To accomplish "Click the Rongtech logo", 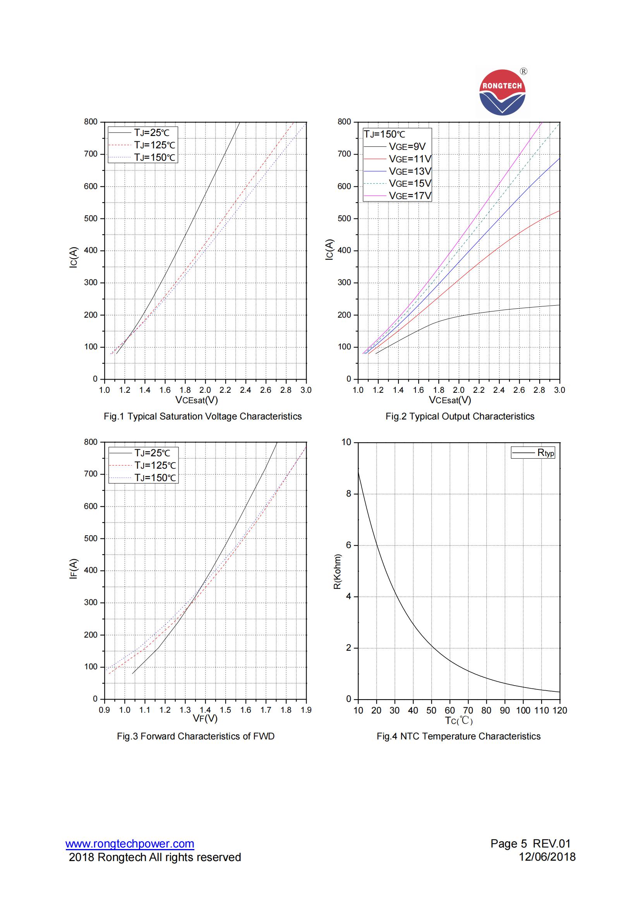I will pyautogui.click(x=503, y=93).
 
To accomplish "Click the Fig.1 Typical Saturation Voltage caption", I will pyautogui.click(x=203, y=417).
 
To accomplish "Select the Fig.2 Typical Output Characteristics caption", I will pyautogui.click(x=460, y=417).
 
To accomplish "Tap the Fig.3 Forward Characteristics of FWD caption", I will pyautogui.click(x=196, y=736).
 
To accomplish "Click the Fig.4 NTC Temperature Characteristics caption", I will pyautogui.click(x=458, y=736).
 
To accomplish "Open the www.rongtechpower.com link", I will pyautogui.click(x=130, y=844).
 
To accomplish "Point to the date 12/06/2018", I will pyautogui.click(x=547, y=857).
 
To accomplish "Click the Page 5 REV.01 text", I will pyautogui.click(x=530, y=844).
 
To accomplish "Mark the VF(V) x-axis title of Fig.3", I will pyautogui.click(x=205, y=719).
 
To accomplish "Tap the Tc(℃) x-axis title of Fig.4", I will pyautogui.click(x=458, y=720).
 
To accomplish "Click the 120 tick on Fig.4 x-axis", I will pyautogui.click(x=559, y=710).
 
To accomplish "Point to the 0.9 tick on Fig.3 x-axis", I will pyautogui.click(x=105, y=710).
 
